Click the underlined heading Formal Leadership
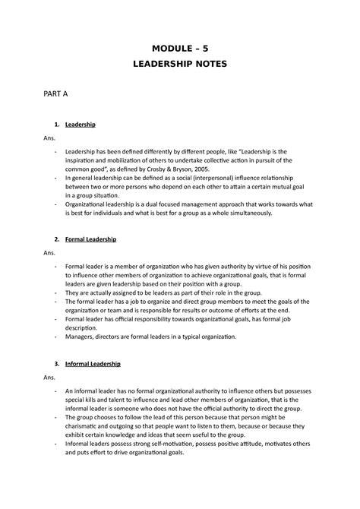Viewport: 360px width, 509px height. click(90, 239)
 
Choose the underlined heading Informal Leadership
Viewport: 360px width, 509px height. click(93, 364)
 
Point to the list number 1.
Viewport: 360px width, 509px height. click(56, 124)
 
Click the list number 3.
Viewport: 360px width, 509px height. click(56, 364)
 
